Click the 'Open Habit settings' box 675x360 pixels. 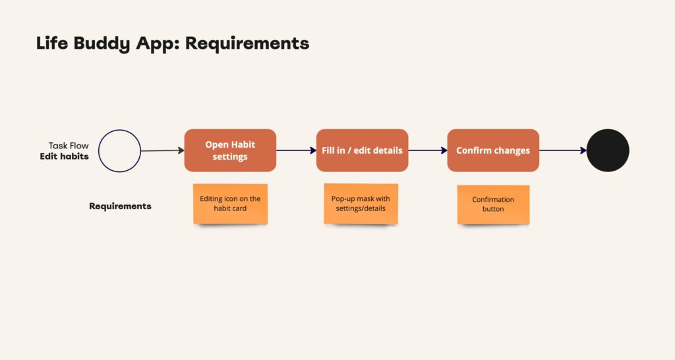coord(230,150)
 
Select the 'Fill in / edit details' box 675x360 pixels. coord(362,150)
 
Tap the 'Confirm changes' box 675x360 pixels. coord(493,150)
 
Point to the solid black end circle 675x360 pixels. coord(608,150)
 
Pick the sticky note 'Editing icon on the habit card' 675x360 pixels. coord(230,204)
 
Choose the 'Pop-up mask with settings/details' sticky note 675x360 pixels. coord(361,204)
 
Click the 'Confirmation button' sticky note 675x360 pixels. coord(493,204)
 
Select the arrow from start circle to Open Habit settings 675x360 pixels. coord(163,150)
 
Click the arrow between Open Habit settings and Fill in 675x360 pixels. coord(296,150)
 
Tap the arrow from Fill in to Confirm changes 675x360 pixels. coord(428,150)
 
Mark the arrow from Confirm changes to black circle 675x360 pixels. coord(563,150)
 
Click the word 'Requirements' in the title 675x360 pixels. coord(247,43)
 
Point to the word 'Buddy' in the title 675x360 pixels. coord(102,44)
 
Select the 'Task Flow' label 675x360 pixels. coord(69,146)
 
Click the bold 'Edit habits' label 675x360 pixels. coord(64,156)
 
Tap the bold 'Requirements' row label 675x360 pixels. coord(120,206)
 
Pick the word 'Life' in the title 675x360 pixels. coord(52,43)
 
